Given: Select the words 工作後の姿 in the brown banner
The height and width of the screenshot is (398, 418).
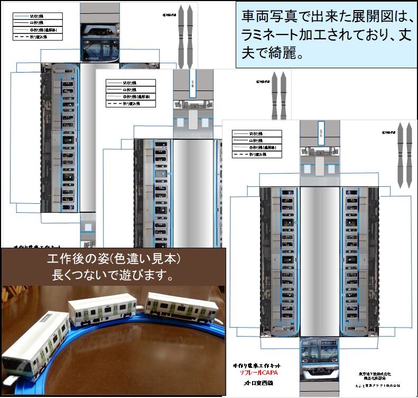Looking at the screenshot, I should [x=79, y=260].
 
